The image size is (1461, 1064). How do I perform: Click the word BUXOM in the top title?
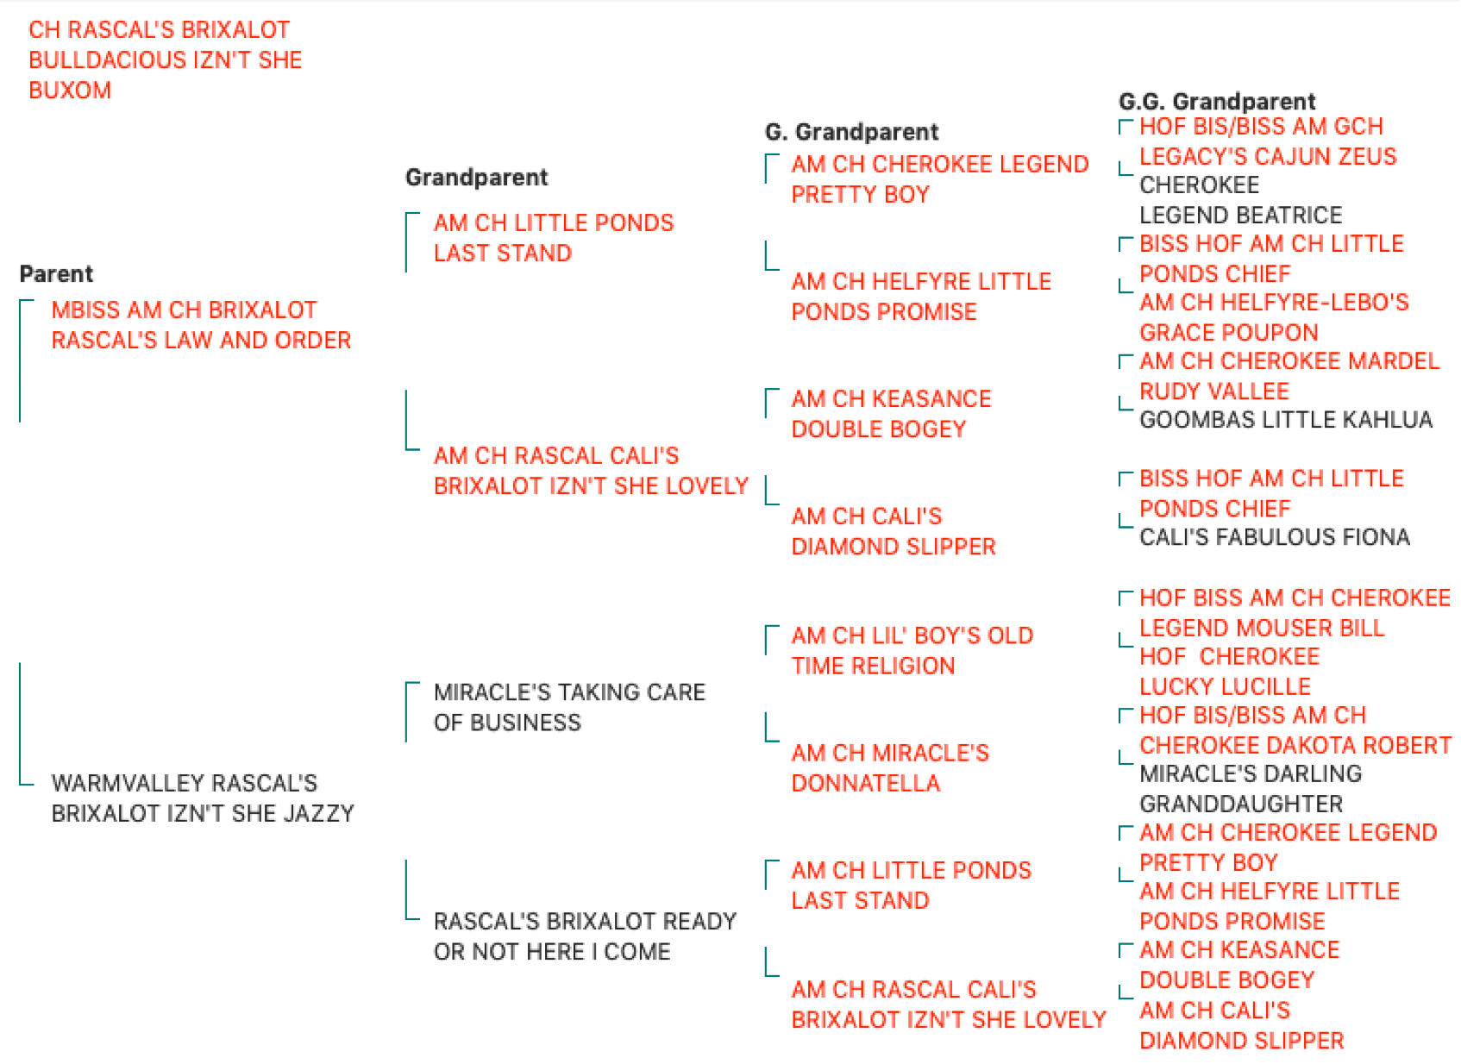point(70,90)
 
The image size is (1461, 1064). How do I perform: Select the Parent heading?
point(56,274)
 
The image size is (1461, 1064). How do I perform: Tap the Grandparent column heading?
point(476,178)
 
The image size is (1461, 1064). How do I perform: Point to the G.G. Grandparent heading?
point(1216,102)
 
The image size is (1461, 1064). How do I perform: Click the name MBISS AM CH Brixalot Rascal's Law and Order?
point(201,325)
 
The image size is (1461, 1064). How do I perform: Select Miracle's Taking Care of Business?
point(568,707)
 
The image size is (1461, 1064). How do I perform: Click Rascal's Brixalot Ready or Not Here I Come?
point(585,936)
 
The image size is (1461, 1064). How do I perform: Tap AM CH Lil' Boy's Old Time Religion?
point(912,651)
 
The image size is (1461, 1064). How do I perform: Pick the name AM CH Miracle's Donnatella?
point(890,768)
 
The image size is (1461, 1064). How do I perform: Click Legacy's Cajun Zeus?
point(1268,156)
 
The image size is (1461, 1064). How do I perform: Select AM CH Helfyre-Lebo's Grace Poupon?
point(1274,317)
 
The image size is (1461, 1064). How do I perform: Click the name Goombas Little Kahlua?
point(1286,420)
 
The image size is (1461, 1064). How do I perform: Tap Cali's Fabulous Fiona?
point(1275,537)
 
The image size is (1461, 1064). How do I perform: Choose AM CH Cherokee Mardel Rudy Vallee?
point(1289,376)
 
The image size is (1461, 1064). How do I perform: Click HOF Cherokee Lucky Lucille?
point(1230,672)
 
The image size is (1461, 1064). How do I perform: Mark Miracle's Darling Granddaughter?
point(1251,789)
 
